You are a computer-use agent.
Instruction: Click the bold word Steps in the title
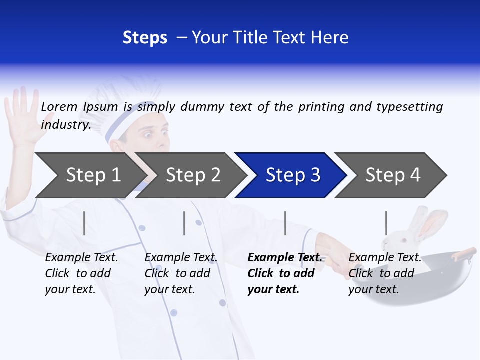click(x=145, y=38)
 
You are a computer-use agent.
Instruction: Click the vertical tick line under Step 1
click(x=84, y=223)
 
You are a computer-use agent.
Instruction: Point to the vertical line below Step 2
click(x=184, y=223)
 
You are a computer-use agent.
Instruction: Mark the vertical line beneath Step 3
click(x=285, y=223)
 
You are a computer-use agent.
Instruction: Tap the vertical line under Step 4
click(x=386, y=223)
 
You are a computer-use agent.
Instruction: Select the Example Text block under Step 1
click(x=81, y=273)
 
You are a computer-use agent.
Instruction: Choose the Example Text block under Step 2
click(x=180, y=273)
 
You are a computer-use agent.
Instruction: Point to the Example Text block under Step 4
click(x=384, y=273)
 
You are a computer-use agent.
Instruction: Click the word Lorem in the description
click(x=59, y=107)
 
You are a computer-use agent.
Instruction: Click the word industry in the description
click(x=65, y=125)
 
